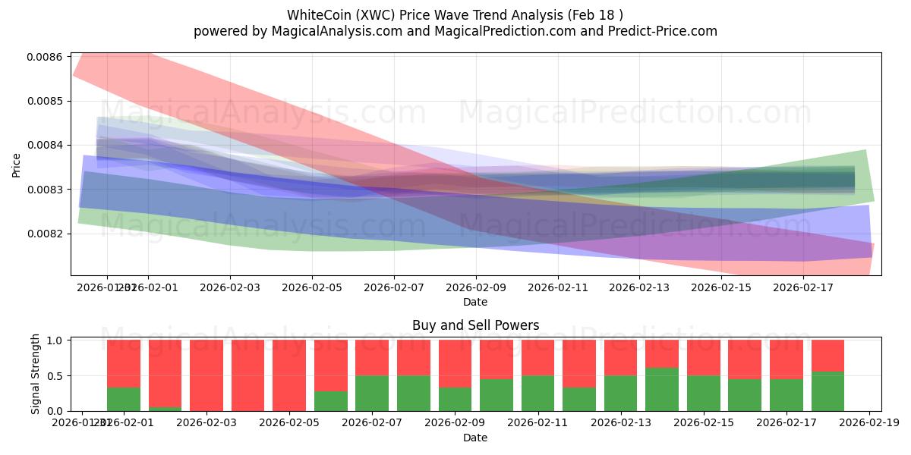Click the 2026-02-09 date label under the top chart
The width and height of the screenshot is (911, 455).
click(475, 287)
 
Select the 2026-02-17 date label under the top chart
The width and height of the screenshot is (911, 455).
click(803, 287)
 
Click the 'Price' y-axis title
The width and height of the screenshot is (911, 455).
click(17, 164)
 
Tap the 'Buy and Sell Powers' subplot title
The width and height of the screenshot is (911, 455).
click(475, 325)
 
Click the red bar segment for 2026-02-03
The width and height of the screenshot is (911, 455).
click(206, 375)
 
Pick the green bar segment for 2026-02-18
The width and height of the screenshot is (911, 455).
click(827, 391)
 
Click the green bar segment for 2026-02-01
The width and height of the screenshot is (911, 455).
click(124, 400)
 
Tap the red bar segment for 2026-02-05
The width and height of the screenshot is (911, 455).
click(289, 375)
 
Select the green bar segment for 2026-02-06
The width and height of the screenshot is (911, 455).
click(331, 401)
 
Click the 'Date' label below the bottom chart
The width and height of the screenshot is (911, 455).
click(475, 438)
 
